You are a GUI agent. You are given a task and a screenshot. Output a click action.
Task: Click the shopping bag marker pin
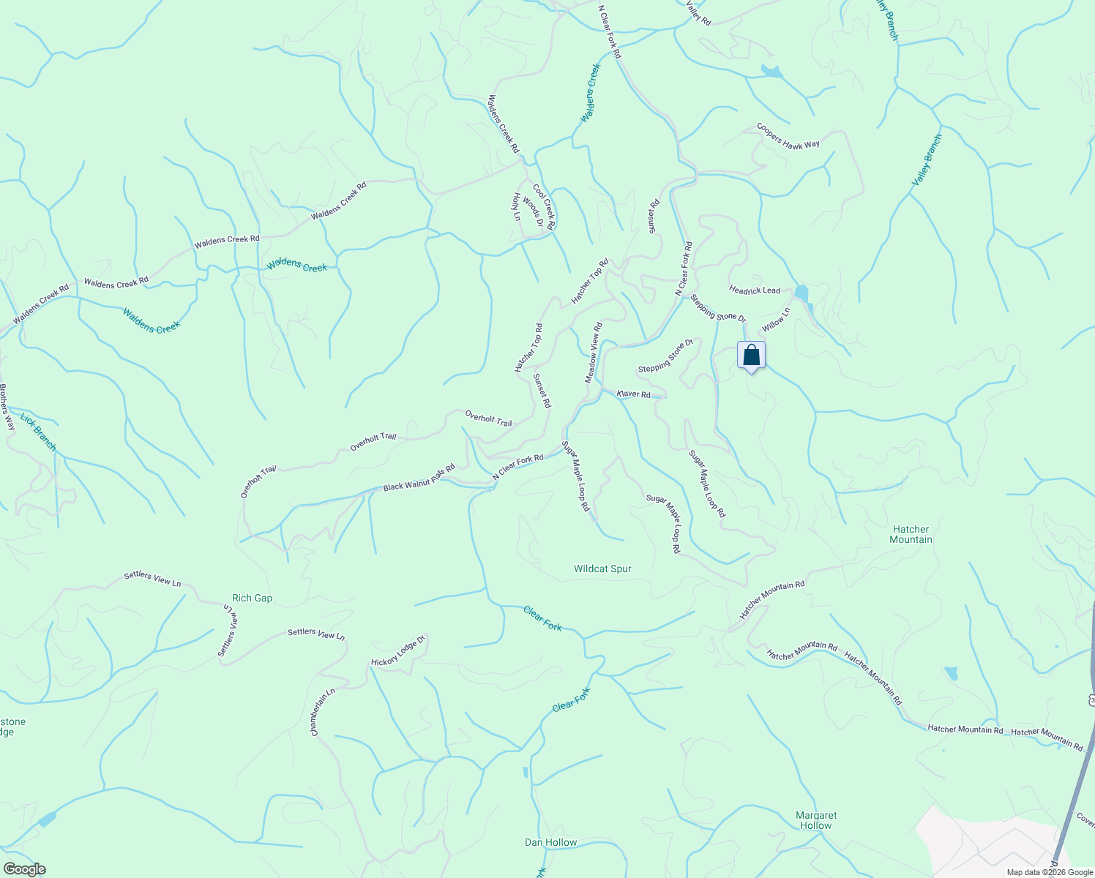pos(751,356)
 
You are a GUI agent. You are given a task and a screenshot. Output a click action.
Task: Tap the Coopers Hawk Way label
pos(788,136)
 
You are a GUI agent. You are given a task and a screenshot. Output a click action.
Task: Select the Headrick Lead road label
pos(755,290)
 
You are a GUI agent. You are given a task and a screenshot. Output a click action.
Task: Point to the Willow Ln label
pos(776,320)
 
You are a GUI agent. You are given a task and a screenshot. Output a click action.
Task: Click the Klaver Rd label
pos(634,394)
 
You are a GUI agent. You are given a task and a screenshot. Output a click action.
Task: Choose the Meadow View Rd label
pos(593,352)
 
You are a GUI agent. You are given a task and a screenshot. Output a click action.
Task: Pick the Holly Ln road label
pos(516,206)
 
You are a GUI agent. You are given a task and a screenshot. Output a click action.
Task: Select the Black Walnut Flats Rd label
pos(419,478)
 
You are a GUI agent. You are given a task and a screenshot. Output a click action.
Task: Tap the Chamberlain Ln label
pos(322,711)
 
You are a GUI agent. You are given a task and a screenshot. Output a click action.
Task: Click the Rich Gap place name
pos(252,598)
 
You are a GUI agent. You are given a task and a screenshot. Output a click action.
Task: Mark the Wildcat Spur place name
pos(602,569)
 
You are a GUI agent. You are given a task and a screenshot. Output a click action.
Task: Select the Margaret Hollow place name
pos(816,820)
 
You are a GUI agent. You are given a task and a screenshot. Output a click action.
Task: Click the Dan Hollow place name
pos(550,842)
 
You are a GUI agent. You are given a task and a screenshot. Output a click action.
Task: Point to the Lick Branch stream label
pos(38,432)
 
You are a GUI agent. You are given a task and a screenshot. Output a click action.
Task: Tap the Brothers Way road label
pos(7,407)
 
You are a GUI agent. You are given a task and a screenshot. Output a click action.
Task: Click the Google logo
pos(24,869)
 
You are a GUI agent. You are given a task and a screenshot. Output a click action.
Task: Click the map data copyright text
pos(1049,872)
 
